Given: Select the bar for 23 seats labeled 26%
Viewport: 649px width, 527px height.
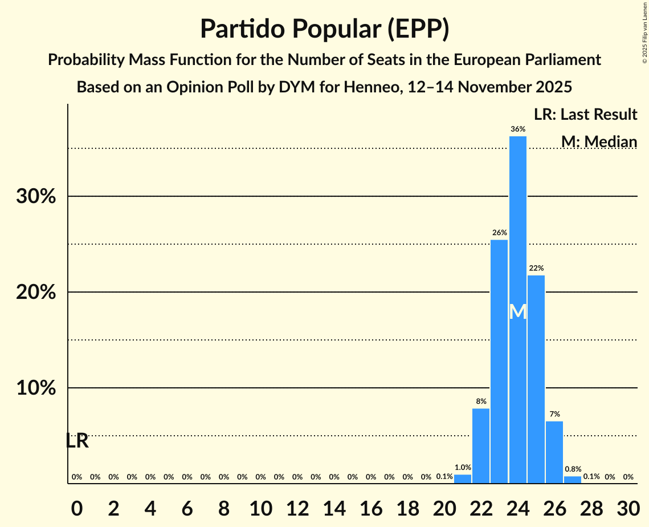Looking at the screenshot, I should [x=499, y=362].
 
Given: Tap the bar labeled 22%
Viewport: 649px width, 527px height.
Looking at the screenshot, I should [x=536, y=379].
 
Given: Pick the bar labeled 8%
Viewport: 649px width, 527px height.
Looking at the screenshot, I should [x=481, y=445].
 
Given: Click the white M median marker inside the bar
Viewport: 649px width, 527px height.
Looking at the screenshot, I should [x=517, y=312].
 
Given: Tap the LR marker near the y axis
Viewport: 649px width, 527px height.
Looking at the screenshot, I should [x=77, y=441].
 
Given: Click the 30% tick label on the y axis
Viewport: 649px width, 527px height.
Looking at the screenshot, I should [x=36, y=197].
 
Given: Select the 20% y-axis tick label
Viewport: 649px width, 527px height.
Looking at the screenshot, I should [x=36, y=293].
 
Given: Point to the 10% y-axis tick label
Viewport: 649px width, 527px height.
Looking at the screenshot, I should [x=36, y=388].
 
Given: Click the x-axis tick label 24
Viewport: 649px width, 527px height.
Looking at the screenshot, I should [x=517, y=506].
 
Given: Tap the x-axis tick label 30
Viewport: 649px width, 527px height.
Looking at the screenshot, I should [x=628, y=506].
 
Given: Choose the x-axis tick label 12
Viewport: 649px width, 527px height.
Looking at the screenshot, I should [x=297, y=506].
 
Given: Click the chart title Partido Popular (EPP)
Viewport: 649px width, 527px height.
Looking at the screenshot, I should [x=324, y=30].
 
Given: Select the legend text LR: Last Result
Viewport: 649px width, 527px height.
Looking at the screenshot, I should [x=585, y=115].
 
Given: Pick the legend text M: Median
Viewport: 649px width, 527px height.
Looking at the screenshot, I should [x=599, y=141].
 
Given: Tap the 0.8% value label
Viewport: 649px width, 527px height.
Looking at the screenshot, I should [x=573, y=469].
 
